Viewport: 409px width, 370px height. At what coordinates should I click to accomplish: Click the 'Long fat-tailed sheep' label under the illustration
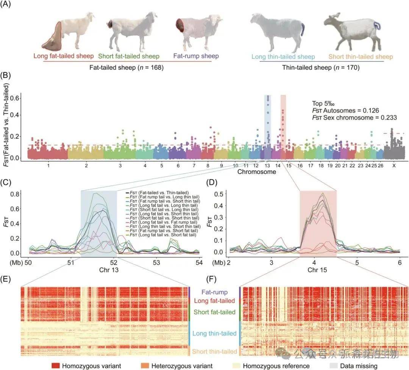(x=63, y=56)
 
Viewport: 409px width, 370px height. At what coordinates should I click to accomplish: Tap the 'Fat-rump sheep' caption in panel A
(x=196, y=56)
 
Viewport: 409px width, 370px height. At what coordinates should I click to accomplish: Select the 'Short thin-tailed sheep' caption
(x=361, y=57)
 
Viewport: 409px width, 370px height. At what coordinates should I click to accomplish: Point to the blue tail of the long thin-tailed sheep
(x=303, y=30)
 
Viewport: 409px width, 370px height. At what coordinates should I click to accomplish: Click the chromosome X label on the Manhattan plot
(x=394, y=166)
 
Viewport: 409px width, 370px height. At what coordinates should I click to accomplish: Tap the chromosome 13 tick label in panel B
(x=267, y=166)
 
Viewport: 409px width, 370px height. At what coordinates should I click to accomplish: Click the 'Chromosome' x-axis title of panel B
(x=257, y=172)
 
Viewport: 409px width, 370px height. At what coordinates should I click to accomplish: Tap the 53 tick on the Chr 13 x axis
(x=156, y=262)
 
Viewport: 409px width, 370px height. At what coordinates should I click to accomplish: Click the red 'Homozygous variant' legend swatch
(x=56, y=366)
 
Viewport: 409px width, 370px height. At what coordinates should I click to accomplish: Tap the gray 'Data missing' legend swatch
(x=334, y=366)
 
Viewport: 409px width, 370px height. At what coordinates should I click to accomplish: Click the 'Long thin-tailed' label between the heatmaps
(x=214, y=334)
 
